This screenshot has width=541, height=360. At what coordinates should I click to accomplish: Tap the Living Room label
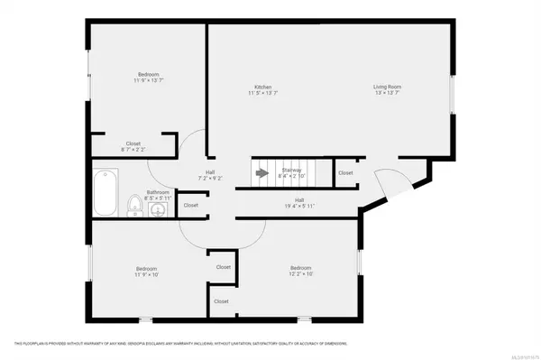(x=388, y=87)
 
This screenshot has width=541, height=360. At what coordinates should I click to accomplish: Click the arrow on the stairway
(x=262, y=171)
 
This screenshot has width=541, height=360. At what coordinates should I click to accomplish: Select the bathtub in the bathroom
(x=105, y=193)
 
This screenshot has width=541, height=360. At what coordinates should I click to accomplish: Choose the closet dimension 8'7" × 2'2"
(x=133, y=149)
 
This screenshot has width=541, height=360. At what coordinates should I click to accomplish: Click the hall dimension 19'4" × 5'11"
(x=298, y=205)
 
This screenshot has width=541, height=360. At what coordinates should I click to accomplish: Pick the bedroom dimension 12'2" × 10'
(x=301, y=274)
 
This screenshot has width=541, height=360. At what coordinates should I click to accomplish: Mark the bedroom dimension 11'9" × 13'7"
(x=150, y=80)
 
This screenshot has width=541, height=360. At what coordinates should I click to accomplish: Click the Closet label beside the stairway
(x=345, y=172)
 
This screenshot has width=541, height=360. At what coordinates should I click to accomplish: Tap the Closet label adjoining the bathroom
(x=190, y=205)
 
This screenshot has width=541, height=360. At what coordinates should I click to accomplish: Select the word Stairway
(x=291, y=169)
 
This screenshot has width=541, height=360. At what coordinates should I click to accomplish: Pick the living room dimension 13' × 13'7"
(x=388, y=93)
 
